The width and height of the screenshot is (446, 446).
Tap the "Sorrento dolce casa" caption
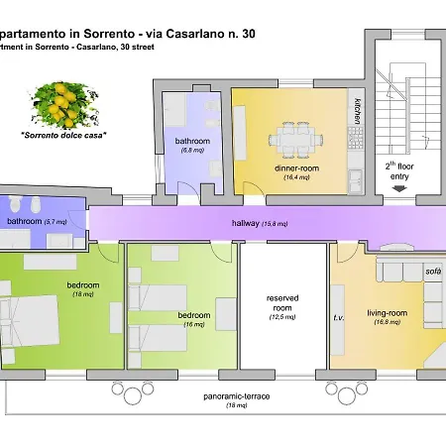click(63, 134)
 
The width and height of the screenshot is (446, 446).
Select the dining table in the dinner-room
click(295, 142)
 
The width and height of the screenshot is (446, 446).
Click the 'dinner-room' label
click(295, 167)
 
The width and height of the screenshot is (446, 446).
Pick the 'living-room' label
click(382, 313)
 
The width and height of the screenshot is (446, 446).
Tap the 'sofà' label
click(432, 271)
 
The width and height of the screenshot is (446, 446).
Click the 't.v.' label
click(337, 320)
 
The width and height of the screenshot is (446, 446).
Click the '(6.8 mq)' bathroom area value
click(192, 152)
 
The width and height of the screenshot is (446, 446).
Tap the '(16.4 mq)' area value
click(296, 178)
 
